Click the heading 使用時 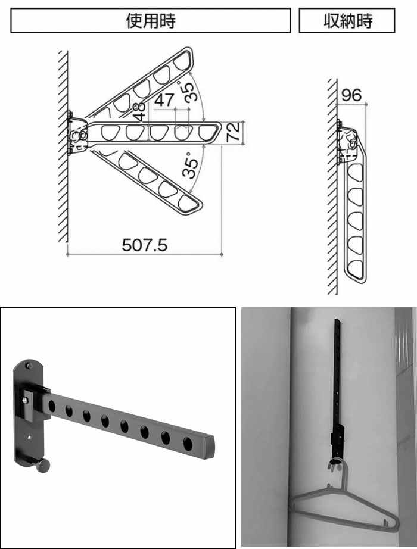click(x=151, y=21)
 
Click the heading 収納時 click(x=347, y=21)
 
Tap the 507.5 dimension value click(x=144, y=245)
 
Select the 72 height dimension click(x=233, y=132)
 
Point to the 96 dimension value click(x=351, y=95)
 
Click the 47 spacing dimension click(x=164, y=100)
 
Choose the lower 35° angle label click(x=190, y=166)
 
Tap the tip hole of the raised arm click(x=182, y=61)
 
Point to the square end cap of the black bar click(x=208, y=447)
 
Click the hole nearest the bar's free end click(x=188, y=444)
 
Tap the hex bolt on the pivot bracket click(x=26, y=400)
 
